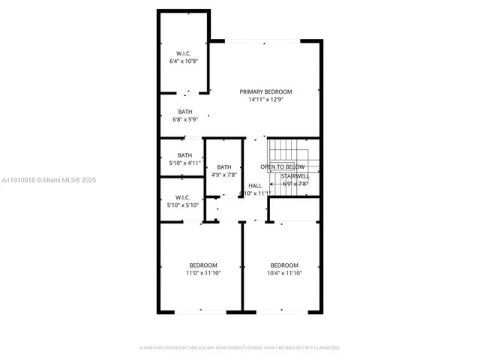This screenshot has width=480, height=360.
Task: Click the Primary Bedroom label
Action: tap(265, 91)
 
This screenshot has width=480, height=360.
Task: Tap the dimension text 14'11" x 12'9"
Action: tap(265, 99)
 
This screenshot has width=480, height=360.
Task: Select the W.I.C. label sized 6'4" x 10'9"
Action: tap(184, 52)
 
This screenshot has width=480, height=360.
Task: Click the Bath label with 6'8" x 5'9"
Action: tap(184, 112)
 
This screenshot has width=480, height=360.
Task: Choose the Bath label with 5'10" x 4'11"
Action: tap(184, 155)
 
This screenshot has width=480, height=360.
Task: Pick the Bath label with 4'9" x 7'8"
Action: tap(224, 167)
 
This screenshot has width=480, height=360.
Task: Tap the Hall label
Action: tap(255, 185)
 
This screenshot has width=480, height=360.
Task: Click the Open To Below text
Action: tap(282, 166)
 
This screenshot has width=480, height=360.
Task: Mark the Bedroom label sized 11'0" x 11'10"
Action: tap(203, 265)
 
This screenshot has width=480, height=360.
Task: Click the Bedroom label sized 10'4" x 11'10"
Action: tap(284, 265)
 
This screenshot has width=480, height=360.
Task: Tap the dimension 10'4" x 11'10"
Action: tap(284, 273)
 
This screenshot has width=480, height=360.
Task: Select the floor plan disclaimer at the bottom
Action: tap(240, 347)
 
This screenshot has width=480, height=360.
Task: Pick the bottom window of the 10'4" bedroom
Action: tap(282, 311)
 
